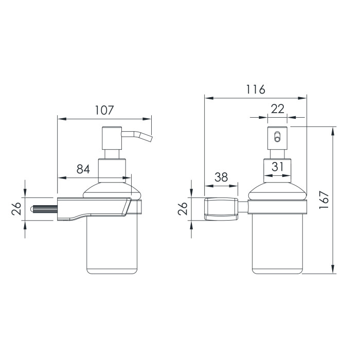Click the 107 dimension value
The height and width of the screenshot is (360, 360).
104,110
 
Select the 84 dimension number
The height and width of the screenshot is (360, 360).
83,169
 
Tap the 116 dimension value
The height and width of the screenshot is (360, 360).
256,89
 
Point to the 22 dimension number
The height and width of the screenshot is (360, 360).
278,109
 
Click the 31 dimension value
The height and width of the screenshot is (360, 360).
277,167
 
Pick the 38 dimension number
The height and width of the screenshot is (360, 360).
221,177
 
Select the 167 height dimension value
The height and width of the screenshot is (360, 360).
324,200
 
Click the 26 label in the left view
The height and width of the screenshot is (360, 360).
16,209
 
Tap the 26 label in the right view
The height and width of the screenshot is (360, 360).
183,208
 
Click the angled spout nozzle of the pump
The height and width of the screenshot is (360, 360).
137,135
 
